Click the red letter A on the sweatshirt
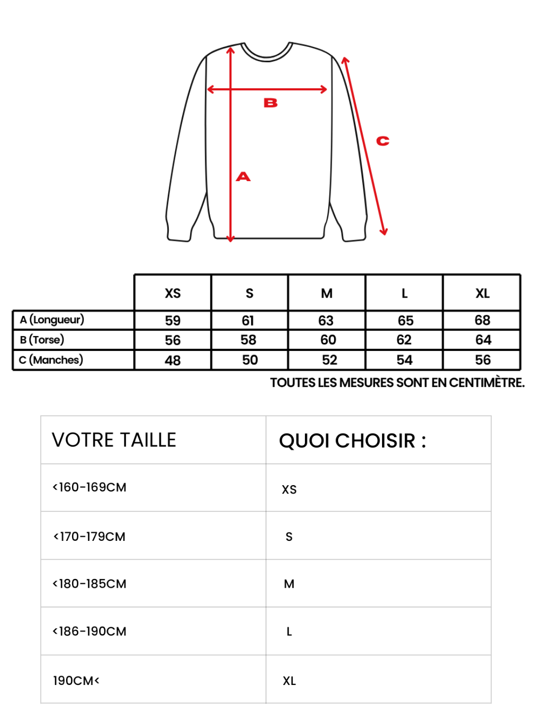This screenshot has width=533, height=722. pyautogui.click(x=243, y=177)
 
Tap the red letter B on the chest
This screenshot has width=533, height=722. pyautogui.click(x=270, y=103)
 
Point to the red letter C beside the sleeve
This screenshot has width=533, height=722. pyautogui.click(x=382, y=141)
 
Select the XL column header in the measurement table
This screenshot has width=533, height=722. pyautogui.click(x=482, y=294)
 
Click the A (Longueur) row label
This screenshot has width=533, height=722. pyautogui.click(x=52, y=320)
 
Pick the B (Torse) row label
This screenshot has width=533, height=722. pyautogui.click(x=42, y=340)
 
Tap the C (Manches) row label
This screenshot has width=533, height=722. pyautogui.click(x=51, y=360)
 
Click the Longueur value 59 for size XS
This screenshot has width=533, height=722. pyautogui.click(x=173, y=321)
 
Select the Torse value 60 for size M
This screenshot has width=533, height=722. pyautogui.click(x=328, y=340)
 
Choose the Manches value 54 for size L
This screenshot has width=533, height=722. pyautogui.click(x=405, y=360)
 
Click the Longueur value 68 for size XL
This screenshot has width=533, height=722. pyautogui.click(x=482, y=320)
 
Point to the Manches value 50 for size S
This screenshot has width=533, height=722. pyautogui.click(x=250, y=360)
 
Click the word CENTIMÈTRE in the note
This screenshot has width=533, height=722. pyautogui.click(x=486, y=383)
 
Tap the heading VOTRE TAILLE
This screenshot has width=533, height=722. pyautogui.click(x=114, y=440)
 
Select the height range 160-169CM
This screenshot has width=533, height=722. pyautogui.click(x=90, y=488)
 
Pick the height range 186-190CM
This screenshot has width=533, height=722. pyautogui.click(x=90, y=632)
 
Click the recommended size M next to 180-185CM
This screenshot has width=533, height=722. pyautogui.click(x=289, y=584)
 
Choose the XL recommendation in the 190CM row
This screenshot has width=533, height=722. pyautogui.click(x=289, y=681)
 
